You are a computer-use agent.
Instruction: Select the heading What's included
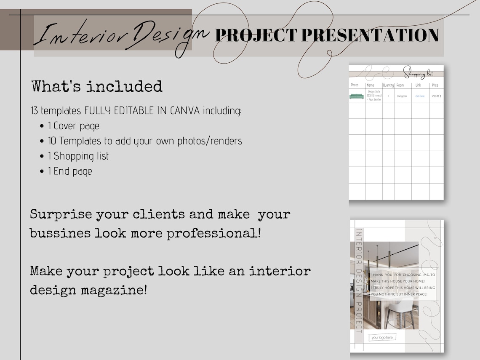pos(97,86)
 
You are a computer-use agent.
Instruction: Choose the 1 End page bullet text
pos(70,171)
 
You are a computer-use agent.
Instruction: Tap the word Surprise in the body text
pos(61,214)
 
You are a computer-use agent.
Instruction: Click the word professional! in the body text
pos(214,233)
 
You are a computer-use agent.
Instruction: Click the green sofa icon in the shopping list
pos(356,96)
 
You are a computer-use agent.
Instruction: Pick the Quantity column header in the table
pos(388,85)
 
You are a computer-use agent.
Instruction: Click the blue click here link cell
pos(420,96)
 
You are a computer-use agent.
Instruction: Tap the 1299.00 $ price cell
pos(436,96)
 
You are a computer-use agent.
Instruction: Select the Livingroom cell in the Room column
pos(402,96)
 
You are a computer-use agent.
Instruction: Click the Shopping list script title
pos(418,73)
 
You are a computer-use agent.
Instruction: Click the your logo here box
pos(382,337)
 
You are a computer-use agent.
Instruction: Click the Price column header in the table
pos(435,85)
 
